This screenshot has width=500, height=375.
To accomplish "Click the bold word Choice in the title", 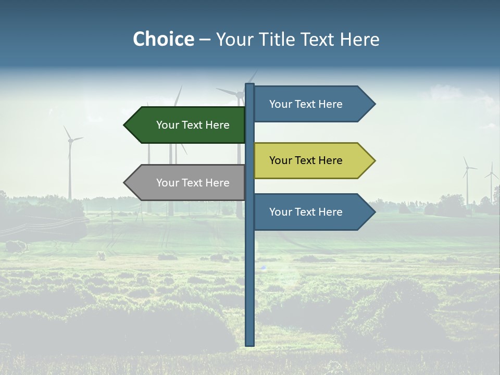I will tap(163, 39).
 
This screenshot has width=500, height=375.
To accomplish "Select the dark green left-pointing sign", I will tap(187, 125).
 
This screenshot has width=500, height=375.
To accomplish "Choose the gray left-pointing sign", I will tap(187, 183).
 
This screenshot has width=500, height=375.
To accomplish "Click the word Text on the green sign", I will tap(193, 125).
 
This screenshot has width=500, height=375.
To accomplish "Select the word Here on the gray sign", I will tap(217, 183).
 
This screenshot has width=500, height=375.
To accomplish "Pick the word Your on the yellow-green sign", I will tap(281, 160).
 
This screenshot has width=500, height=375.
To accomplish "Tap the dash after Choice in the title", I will tap(205, 40).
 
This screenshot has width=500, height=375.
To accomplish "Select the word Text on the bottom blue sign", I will tap(306, 212).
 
